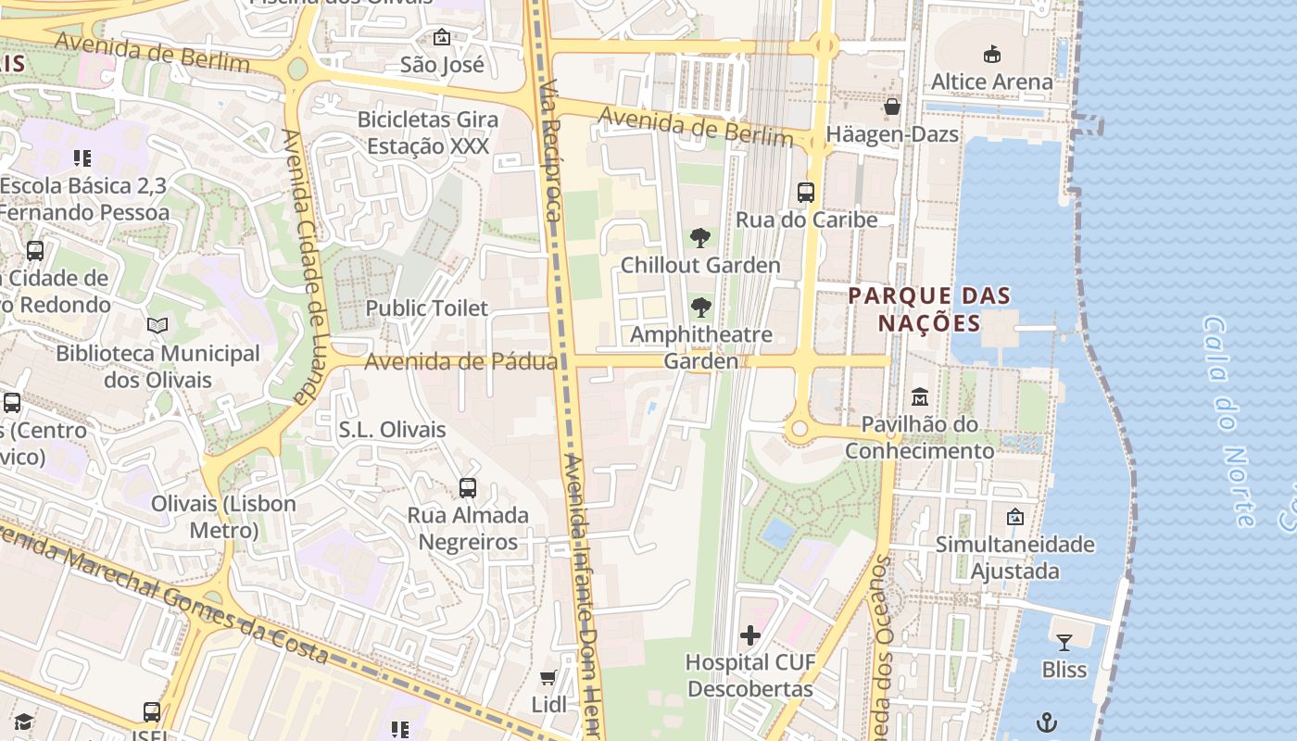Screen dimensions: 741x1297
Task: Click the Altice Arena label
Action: point(991,82)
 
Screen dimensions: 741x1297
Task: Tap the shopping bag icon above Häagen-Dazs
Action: point(892,107)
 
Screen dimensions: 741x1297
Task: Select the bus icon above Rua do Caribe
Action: point(806,193)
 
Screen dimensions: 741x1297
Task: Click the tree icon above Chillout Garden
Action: point(700,238)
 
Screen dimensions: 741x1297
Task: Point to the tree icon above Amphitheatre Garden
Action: point(701,308)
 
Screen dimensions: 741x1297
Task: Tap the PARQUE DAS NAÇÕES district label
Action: point(929,309)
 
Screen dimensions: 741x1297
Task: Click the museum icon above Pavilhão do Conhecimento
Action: point(920,397)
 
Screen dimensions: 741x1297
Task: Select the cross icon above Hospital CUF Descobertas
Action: point(750,635)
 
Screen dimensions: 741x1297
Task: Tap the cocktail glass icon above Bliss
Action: point(1064,642)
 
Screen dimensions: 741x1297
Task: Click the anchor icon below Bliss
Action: point(1047,722)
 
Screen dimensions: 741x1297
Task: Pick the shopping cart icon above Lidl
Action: point(548,678)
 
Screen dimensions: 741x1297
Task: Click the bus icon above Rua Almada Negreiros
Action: point(468,488)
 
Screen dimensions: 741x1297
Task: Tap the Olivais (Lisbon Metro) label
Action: point(223,517)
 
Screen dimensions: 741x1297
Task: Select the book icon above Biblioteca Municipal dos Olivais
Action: point(157,326)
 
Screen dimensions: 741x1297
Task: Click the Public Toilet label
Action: point(426,308)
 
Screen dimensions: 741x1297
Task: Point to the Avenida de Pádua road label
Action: point(460,361)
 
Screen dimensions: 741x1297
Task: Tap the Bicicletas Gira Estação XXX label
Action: point(428,132)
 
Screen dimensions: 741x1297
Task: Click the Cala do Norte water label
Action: point(1228,421)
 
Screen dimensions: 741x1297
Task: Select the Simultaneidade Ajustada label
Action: point(1014,557)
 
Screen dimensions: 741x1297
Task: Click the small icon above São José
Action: point(442,38)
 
